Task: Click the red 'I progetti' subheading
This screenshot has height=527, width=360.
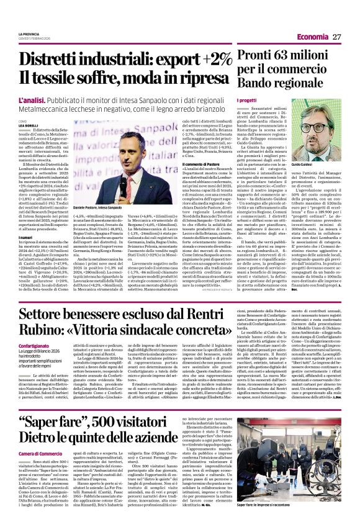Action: pos(246,100)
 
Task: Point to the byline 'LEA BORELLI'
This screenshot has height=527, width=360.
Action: pos(29,125)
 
